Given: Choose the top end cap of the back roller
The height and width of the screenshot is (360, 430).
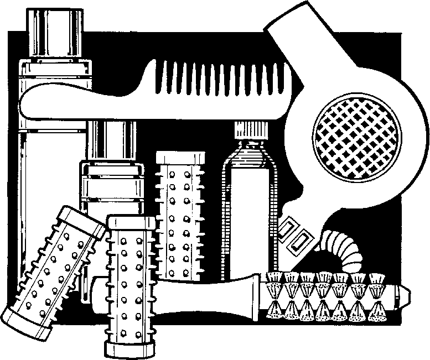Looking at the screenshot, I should tap(180, 158).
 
